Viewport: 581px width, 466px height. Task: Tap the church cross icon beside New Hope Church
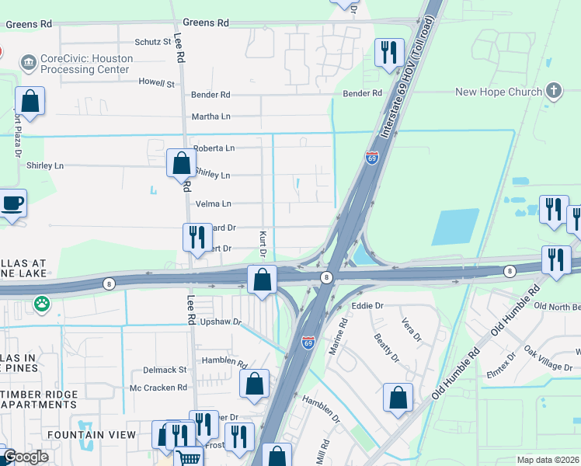[554, 91]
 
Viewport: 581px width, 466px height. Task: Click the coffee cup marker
[12, 204]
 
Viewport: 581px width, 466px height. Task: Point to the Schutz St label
[153, 41]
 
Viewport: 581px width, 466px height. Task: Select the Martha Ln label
[210, 117]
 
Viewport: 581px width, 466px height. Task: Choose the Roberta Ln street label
[214, 148]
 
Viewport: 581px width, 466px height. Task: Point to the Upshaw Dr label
[221, 321]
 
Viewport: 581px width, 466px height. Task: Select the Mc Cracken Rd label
[158, 387]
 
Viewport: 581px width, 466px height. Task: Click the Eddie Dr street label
[368, 306]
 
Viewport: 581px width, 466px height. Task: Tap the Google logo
[26, 457]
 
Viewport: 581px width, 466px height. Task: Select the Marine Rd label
[336, 333]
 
